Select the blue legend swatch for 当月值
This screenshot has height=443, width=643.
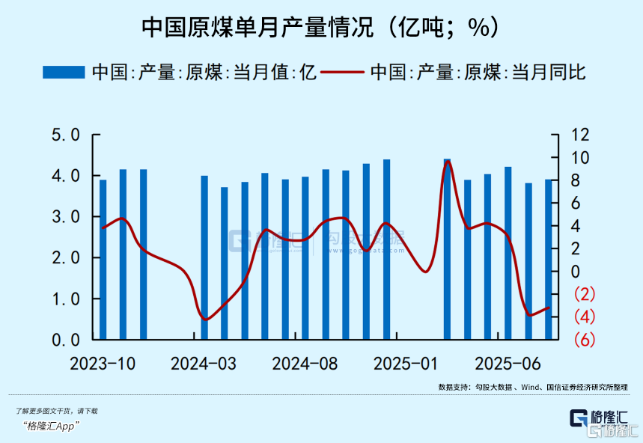point(64,72)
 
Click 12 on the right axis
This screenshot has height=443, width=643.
point(581,135)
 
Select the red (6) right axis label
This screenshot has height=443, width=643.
point(584,340)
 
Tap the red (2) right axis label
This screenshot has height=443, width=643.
point(584,294)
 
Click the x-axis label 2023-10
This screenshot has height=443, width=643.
point(103,364)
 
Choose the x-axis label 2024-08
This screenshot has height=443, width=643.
point(305,364)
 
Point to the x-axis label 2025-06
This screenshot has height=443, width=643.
point(508,364)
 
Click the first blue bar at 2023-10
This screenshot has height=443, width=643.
point(103,259)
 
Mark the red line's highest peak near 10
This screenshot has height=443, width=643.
point(448,162)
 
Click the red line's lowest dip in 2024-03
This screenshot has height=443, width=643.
point(205,320)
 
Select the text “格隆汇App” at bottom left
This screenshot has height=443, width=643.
point(52,426)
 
